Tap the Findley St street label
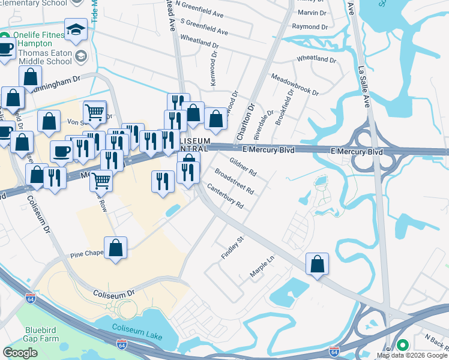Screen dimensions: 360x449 233,247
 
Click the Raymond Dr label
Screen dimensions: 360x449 310,27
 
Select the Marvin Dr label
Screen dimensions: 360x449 312,12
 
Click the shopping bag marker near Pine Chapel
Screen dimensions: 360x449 115,248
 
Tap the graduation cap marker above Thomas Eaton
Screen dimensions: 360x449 76,29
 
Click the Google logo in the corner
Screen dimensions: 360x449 20,353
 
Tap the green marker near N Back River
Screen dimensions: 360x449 402,345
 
